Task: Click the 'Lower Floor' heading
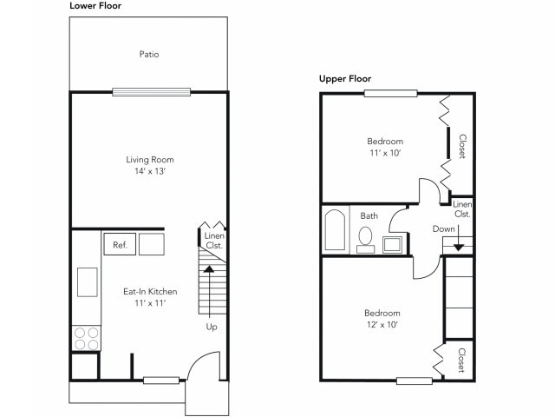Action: (95, 6)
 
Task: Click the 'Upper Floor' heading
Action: (345, 79)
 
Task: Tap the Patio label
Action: (148, 54)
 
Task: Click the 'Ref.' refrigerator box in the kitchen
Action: (120, 245)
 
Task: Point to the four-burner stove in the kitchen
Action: (86, 337)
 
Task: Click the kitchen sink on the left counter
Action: (88, 282)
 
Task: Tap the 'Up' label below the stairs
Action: (212, 328)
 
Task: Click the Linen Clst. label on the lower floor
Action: (213, 241)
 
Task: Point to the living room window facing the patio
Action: (151, 91)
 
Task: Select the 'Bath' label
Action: (369, 215)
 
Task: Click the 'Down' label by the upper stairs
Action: (443, 229)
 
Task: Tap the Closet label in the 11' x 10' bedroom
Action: (462, 146)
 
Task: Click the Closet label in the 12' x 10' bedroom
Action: (460, 361)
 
